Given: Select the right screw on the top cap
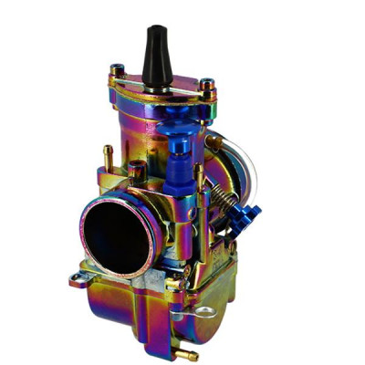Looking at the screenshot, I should pyautogui.click(x=208, y=89).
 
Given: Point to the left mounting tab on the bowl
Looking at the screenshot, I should pyautogui.click(x=81, y=281).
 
